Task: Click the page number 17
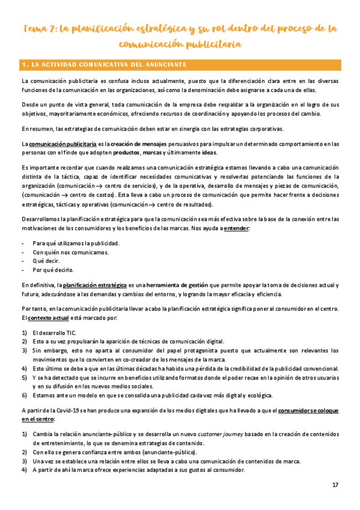pos(335,485)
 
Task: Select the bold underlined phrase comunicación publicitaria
pos(57,144)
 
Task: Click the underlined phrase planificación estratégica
pos(95,284)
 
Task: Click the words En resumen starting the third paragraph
pos(35,129)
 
